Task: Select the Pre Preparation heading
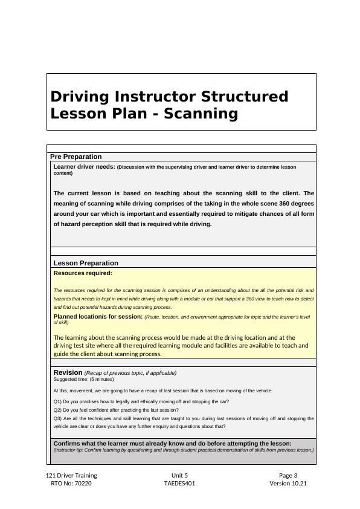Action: (x=76, y=157)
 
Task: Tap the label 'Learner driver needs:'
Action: (x=84, y=167)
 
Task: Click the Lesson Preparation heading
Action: (x=86, y=263)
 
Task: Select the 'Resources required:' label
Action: (x=83, y=273)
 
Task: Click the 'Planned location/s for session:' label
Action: (x=98, y=316)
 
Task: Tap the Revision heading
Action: (x=68, y=372)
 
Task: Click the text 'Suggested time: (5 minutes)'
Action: (x=83, y=380)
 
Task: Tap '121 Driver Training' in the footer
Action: (x=71, y=475)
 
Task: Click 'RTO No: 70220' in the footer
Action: (x=71, y=484)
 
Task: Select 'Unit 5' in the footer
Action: (x=179, y=475)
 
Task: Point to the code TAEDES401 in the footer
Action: (x=179, y=484)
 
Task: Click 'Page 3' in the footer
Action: (x=288, y=475)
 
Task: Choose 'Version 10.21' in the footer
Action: (x=288, y=484)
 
